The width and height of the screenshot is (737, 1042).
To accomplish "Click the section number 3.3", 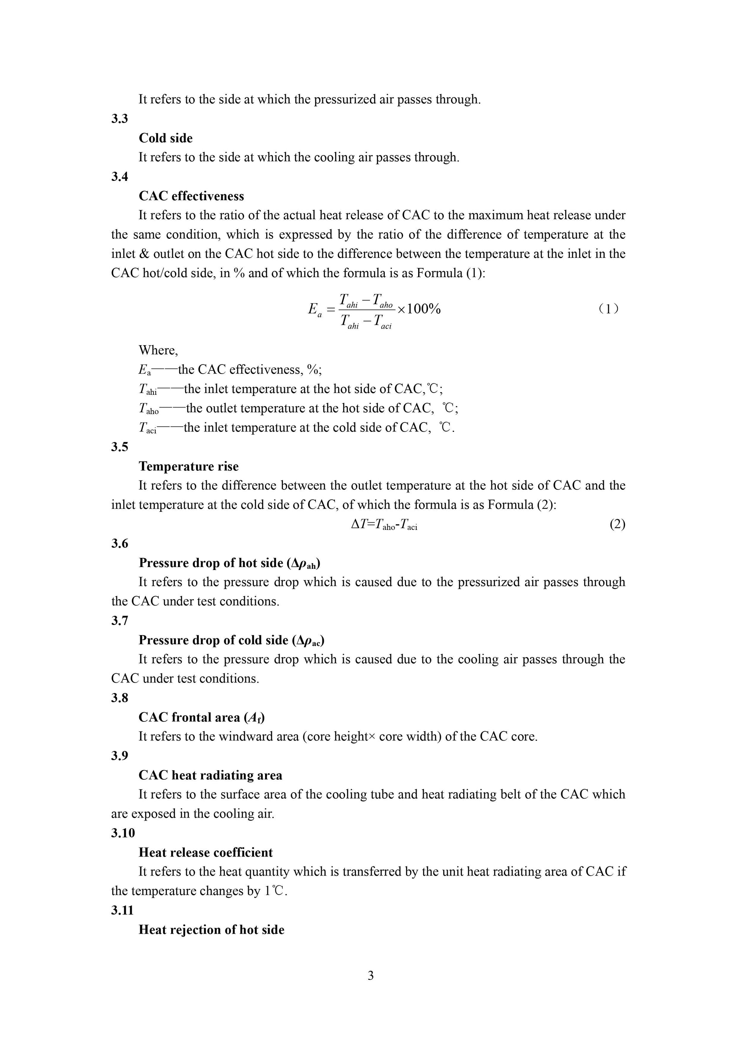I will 120,119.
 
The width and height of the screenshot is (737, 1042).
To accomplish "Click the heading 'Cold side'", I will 166,138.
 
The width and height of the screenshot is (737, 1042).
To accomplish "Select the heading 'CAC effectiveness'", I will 191,196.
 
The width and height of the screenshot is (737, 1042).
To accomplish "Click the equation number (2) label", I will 617,525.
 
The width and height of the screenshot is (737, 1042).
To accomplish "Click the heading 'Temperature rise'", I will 189,467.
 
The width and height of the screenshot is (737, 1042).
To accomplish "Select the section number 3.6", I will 120,544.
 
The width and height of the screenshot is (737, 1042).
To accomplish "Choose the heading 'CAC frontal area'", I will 201,718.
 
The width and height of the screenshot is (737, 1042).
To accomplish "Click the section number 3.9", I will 120,755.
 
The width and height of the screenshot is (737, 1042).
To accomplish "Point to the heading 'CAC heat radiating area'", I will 210,776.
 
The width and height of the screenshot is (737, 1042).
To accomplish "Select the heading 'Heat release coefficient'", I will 206,853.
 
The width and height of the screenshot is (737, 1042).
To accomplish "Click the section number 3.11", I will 123,910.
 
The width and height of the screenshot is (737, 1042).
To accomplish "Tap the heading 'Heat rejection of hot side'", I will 212,930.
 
